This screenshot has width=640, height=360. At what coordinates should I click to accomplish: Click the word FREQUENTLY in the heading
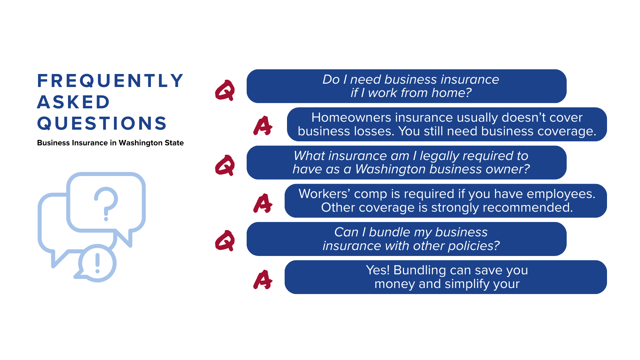[110, 81]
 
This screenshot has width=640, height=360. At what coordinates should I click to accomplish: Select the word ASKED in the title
[73, 102]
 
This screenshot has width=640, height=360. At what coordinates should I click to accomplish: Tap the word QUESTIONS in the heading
[102, 123]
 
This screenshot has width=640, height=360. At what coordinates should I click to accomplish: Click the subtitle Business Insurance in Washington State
[110, 143]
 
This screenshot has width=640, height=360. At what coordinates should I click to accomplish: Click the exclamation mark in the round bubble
[97, 263]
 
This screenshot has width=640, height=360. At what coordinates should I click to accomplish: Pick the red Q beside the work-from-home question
[225, 90]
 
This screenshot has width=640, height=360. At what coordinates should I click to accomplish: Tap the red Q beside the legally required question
[225, 165]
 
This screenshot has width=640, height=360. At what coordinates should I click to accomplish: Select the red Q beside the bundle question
[225, 240]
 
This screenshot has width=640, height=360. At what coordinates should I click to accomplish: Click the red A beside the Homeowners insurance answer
[263, 126]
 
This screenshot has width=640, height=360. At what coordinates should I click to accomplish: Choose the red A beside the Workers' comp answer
[263, 203]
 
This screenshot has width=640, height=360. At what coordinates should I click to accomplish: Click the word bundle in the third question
[390, 232]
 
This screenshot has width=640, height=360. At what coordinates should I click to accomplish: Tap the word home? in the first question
[452, 93]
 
